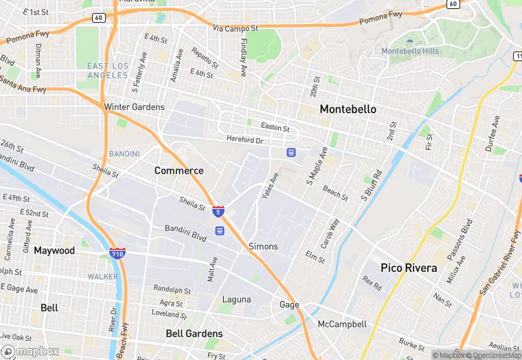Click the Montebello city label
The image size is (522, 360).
(348, 109)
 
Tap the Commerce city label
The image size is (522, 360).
(179, 170)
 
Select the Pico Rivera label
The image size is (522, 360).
(409, 268)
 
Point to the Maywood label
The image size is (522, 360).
(54, 251)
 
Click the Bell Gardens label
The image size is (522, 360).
(194, 333)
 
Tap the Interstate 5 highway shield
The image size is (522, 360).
(218, 211)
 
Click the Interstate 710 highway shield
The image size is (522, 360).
(117, 254)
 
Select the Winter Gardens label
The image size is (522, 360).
(134, 107)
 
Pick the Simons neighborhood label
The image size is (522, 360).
(263, 246)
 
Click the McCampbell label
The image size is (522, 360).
(342, 324)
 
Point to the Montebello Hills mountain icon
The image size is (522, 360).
(410, 41)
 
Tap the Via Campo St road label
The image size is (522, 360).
(235, 29)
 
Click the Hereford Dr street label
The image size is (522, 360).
(245, 139)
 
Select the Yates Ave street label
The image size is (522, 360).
(271, 185)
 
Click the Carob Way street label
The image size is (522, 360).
(331, 234)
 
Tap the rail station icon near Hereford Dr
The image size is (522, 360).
(291, 152)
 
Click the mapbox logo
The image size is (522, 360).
(30, 351)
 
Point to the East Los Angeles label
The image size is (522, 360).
(108, 70)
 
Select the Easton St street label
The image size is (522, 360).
(275, 127)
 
